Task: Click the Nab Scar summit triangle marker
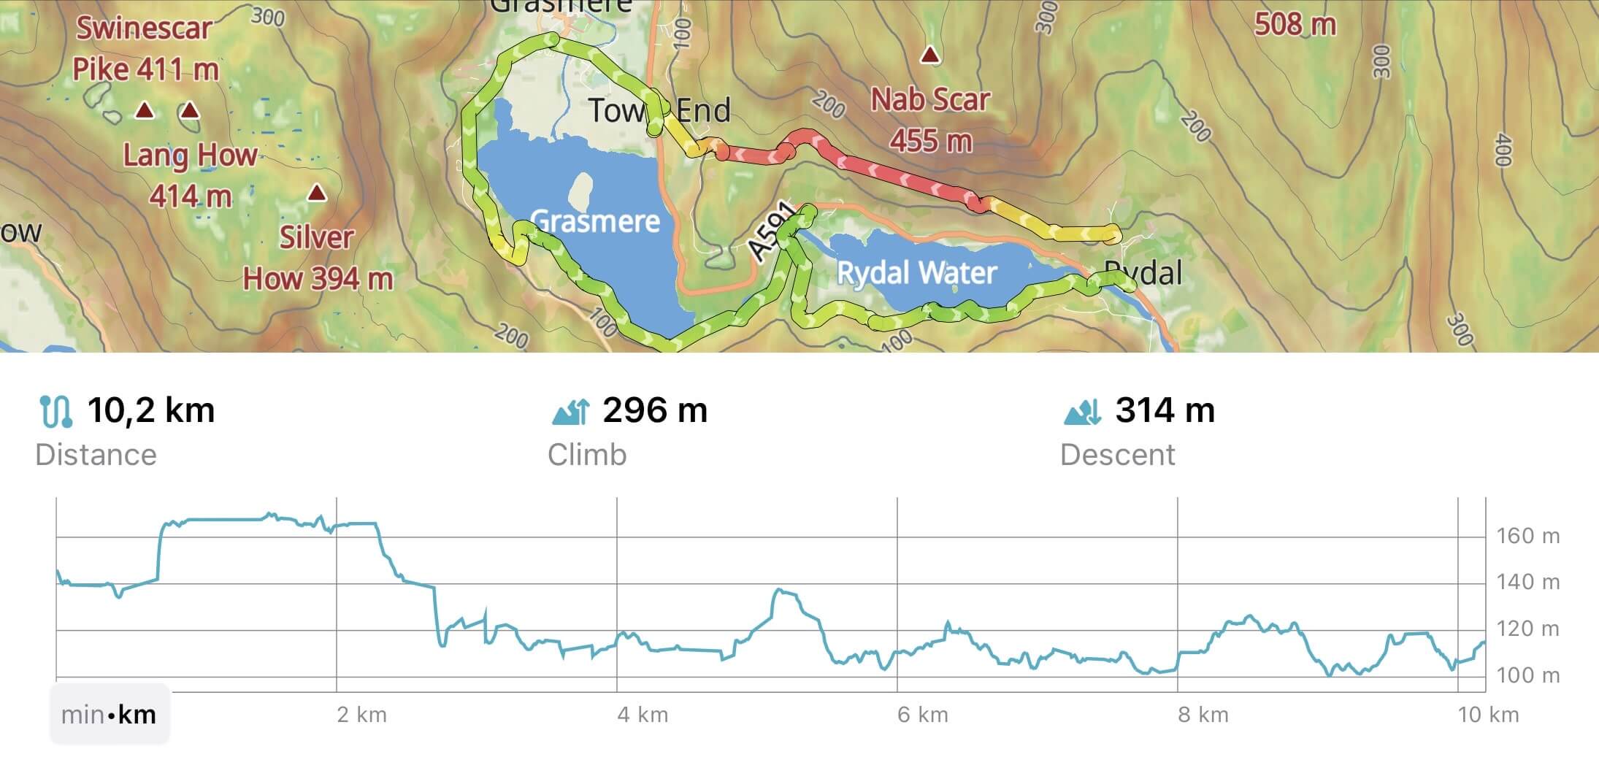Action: [x=929, y=55]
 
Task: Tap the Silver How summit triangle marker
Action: [x=316, y=193]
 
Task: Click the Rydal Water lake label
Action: [x=916, y=273]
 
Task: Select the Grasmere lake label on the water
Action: [x=595, y=220]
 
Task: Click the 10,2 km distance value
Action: [x=150, y=410]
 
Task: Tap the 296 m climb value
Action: [x=654, y=410]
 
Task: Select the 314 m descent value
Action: [x=1165, y=410]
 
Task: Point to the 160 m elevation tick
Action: [x=1527, y=537]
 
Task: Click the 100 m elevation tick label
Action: [x=1527, y=675]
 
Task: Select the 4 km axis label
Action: [x=643, y=714]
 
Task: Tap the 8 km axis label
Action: [x=1203, y=714]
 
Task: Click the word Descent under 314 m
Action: [x=1117, y=455]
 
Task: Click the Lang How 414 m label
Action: [x=190, y=176]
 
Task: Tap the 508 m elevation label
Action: [x=1295, y=25]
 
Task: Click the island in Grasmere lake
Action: [x=582, y=191]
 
